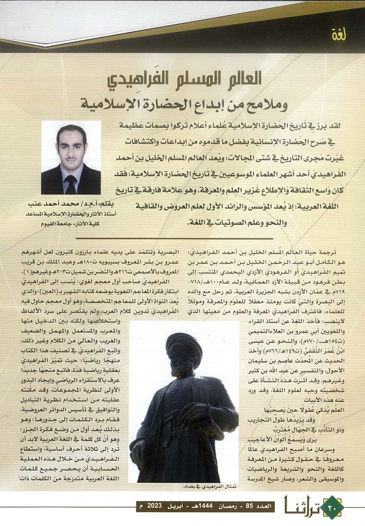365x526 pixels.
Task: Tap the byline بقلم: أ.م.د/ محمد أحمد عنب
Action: (71, 204)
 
